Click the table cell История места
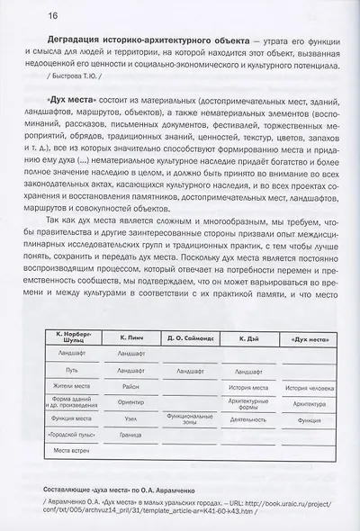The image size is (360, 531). pos(242,387)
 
